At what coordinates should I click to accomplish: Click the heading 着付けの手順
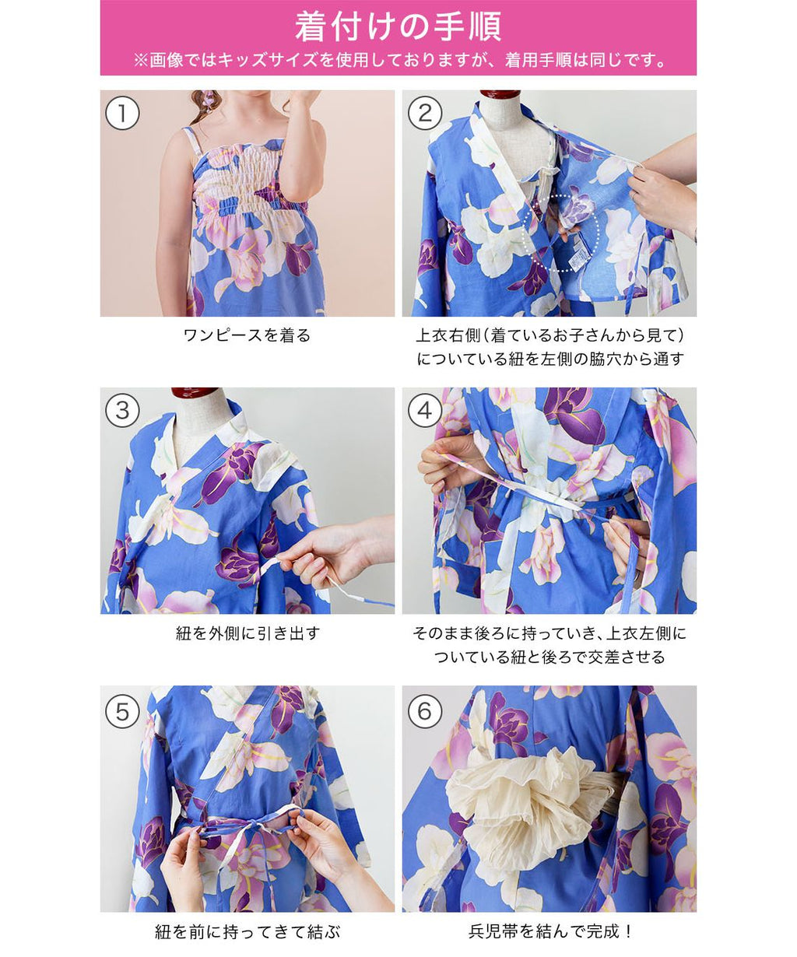[x=398, y=26]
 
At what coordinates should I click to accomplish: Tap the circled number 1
[x=122, y=114]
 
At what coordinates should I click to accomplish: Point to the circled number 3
[x=122, y=410]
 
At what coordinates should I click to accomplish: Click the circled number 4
[x=425, y=410]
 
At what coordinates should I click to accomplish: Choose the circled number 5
[x=122, y=712]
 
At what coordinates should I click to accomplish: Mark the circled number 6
[x=425, y=712]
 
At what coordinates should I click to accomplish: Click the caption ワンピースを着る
[x=248, y=335]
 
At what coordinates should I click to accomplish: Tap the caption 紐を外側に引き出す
[x=248, y=633]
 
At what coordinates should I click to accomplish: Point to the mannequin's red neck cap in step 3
[x=195, y=393]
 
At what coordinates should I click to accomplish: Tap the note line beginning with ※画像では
[x=398, y=60]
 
